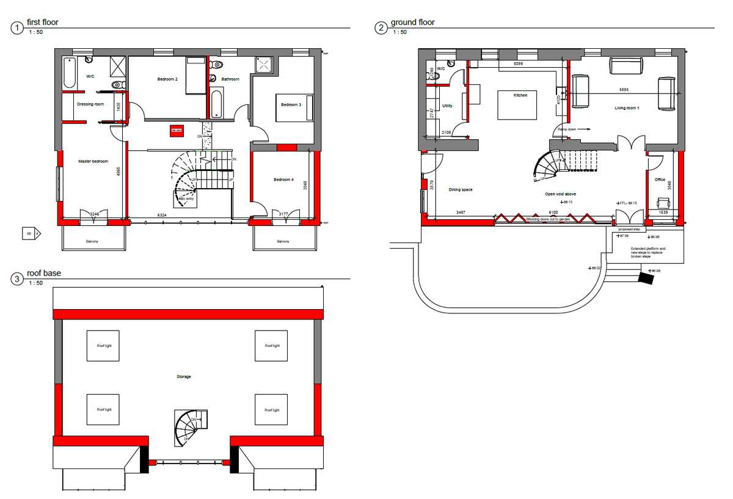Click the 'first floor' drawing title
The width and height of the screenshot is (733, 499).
42,22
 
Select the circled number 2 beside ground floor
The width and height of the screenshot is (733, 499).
381,28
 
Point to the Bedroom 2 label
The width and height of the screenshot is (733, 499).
167,79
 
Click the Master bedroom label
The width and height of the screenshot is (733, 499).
93,161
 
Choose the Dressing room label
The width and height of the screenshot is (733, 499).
90,104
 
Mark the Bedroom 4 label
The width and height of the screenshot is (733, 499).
283,180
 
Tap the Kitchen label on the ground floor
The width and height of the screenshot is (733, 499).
520,95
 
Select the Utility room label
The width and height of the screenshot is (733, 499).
447,106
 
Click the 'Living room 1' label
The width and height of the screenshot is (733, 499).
627,108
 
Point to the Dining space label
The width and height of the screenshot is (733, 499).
461,190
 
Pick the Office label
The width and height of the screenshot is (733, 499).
660,180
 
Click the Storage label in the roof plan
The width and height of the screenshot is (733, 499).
184,377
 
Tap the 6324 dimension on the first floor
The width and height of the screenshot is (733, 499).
162,216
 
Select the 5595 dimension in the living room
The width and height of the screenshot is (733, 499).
624,90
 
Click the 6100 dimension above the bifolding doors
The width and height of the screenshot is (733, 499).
552,212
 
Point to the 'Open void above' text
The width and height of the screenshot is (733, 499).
561,194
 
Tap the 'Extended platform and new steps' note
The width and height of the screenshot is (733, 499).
648,252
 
